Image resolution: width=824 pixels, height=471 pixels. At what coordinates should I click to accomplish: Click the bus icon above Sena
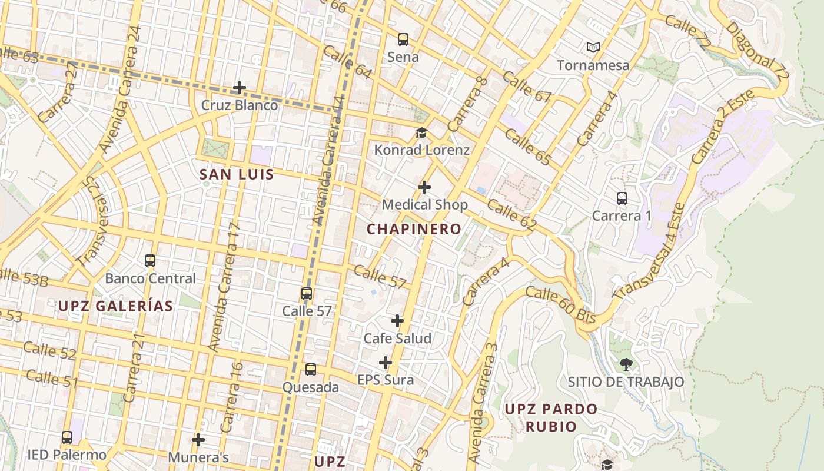tap(403, 39)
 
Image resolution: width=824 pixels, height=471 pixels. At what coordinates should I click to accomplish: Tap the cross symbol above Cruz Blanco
tap(240, 88)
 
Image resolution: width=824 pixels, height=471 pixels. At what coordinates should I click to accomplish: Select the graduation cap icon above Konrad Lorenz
tap(421, 132)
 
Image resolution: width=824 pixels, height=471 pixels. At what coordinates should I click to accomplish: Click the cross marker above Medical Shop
tap(424, 187)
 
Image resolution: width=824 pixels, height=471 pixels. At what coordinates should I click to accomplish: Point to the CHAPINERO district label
tap(414, 229)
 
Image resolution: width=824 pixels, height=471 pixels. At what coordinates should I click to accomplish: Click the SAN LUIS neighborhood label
tap(237, 174)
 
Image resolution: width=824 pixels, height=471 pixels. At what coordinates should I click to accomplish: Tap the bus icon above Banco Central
tap(150, 261)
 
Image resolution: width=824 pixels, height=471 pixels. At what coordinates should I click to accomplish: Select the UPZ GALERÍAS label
tap(115, 306)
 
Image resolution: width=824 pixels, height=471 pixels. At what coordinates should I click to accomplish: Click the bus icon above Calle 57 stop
tap(307, 294)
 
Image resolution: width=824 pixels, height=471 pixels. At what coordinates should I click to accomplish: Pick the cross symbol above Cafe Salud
tap(397, 321)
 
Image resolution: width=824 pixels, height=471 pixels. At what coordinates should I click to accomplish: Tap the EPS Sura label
tap(386, 380)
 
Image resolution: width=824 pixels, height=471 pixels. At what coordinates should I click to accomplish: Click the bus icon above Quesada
tap(311, 370)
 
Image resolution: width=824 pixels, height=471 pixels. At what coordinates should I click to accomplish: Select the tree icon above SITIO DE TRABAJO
tap(626, 364)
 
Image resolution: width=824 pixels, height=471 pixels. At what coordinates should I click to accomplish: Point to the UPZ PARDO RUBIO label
tap(551, 417)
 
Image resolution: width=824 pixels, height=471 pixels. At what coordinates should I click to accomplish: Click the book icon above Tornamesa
tap(593, 47)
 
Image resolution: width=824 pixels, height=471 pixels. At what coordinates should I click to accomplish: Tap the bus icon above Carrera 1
tap(622, 198)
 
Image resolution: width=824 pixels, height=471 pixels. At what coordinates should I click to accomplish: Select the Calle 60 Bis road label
tap(561, 304)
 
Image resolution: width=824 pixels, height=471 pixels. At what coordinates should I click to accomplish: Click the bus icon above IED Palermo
tap(67, 437)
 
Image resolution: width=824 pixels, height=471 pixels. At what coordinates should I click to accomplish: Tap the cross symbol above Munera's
tap(198, 440)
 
